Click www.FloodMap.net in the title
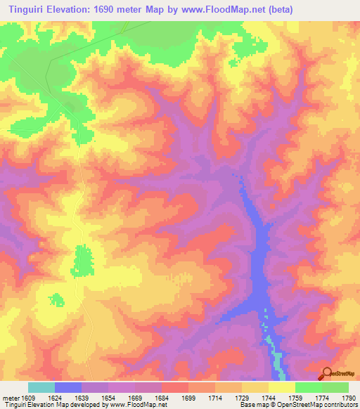point(219,10)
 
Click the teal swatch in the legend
point(41,387)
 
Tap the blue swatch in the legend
point(68,387)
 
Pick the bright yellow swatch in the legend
point(282,387)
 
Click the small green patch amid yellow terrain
point(83,260)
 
